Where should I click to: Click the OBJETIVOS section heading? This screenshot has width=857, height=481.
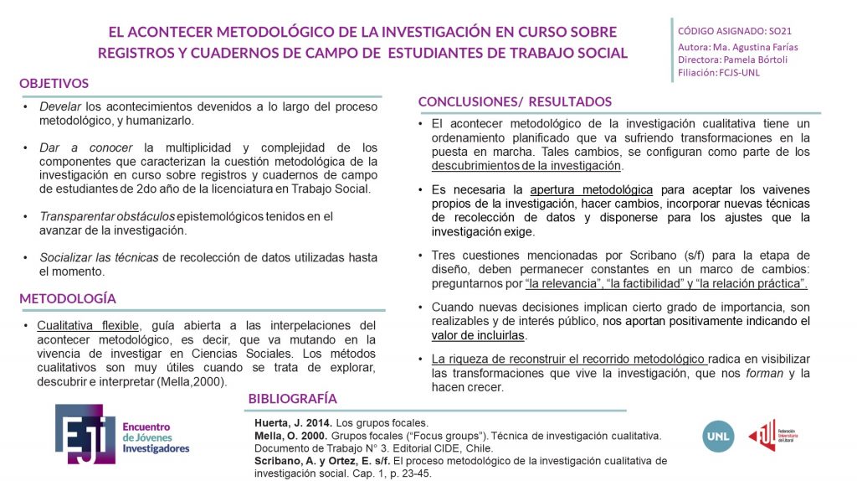[x=54, y=84]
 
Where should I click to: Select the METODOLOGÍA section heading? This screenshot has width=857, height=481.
[x=67, y=298]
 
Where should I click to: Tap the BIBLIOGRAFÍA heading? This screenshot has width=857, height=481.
[x=293, y=398]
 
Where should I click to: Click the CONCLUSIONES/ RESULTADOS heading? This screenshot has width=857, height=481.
[x=515, y=101]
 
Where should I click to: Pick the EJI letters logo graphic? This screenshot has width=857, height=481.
[x=82, y=434]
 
